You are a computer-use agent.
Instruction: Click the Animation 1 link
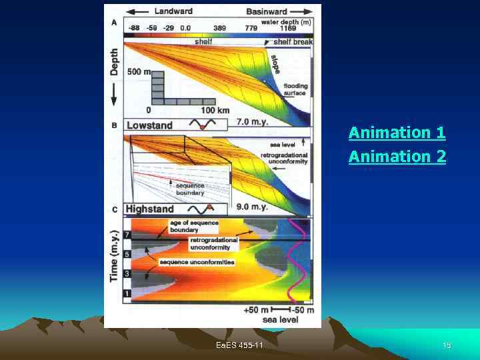click(397, 133)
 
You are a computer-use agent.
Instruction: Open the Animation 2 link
click(397, 157)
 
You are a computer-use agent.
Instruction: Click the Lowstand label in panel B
click(149, 125)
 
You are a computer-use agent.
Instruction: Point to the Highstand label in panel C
click(149, 209)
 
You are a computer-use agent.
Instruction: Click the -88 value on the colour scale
click(134, 28)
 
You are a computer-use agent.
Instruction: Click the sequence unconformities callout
click(197, 262)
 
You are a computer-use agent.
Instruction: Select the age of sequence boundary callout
click(184, 226)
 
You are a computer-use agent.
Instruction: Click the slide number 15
click(447, 345)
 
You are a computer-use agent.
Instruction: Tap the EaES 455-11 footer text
click(239, 345)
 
